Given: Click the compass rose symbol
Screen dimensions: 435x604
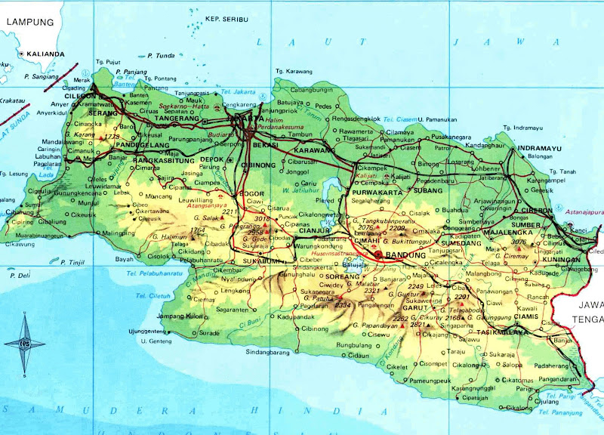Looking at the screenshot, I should (x=24, y=344).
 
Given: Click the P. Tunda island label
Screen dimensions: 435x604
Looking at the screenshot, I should (x=161, y=55).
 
